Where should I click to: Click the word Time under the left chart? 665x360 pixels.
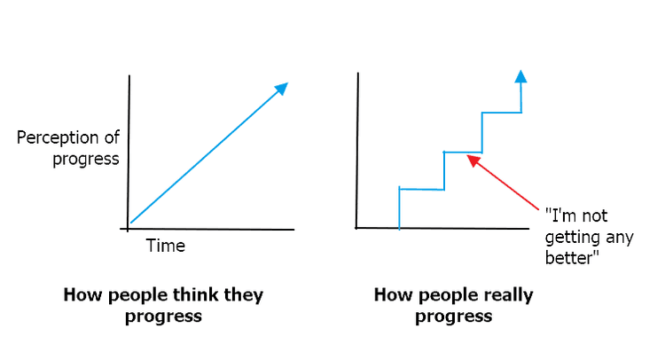(x=166, y=246)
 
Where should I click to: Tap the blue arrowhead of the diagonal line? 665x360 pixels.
(x=281, y=89)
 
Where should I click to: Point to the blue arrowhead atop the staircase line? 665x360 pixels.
(x=520, y=76)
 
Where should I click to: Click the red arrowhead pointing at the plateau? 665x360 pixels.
(x=473, y=160)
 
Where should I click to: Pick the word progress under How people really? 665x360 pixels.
(x=453, y=317)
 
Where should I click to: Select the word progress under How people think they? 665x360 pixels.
(x=163, y=317)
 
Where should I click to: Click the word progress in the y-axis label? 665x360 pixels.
(x=86, y=160)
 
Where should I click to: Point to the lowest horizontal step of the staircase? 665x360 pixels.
(x=421, y=189)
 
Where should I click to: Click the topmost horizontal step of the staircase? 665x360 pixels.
(x=501, y=113)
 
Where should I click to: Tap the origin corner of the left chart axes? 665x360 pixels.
(x=128, y=229)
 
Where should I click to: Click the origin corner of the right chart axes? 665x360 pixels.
(x=356, y=228)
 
